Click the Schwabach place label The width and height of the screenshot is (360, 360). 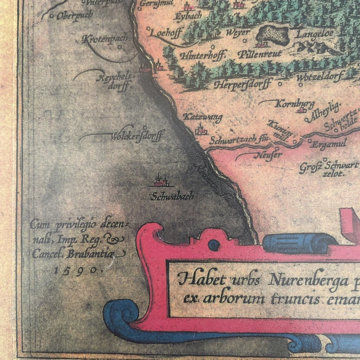click(172, 196)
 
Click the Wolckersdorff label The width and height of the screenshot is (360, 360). click(136, 136)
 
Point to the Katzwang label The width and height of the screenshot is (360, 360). click(202, 117)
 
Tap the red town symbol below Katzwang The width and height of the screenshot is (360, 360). click(201, 129)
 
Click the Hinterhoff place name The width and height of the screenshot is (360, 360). click(202, 56)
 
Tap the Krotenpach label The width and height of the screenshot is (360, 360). click(105, 39)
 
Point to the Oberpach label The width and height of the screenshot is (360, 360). click(75, 16)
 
